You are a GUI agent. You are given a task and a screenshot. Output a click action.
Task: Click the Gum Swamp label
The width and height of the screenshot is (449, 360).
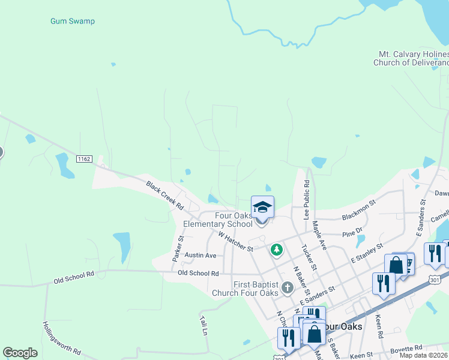(x=72, y=21)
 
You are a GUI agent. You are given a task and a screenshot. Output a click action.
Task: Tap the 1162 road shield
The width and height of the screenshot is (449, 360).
(x=84, y=158)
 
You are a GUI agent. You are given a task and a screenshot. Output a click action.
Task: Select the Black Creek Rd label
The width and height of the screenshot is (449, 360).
(x=164, y=195)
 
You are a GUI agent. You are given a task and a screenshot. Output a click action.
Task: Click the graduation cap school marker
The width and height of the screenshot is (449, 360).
(x=262, y=208)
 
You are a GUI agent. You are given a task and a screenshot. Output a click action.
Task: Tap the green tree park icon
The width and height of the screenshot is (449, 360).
(x=276, y=248)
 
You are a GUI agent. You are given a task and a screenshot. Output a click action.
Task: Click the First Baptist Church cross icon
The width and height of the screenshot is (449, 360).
(x=288, y=288)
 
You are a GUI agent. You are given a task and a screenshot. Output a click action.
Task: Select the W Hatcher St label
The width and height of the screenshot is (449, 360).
(x=236, y=242)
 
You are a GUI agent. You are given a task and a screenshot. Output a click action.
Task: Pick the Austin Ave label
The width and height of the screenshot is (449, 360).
(x=200, y=255)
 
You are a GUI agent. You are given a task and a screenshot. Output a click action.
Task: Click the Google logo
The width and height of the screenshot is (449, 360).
(x=20, y=352)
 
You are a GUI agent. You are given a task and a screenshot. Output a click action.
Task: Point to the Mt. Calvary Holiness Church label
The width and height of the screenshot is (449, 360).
(x=412, y=58)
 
